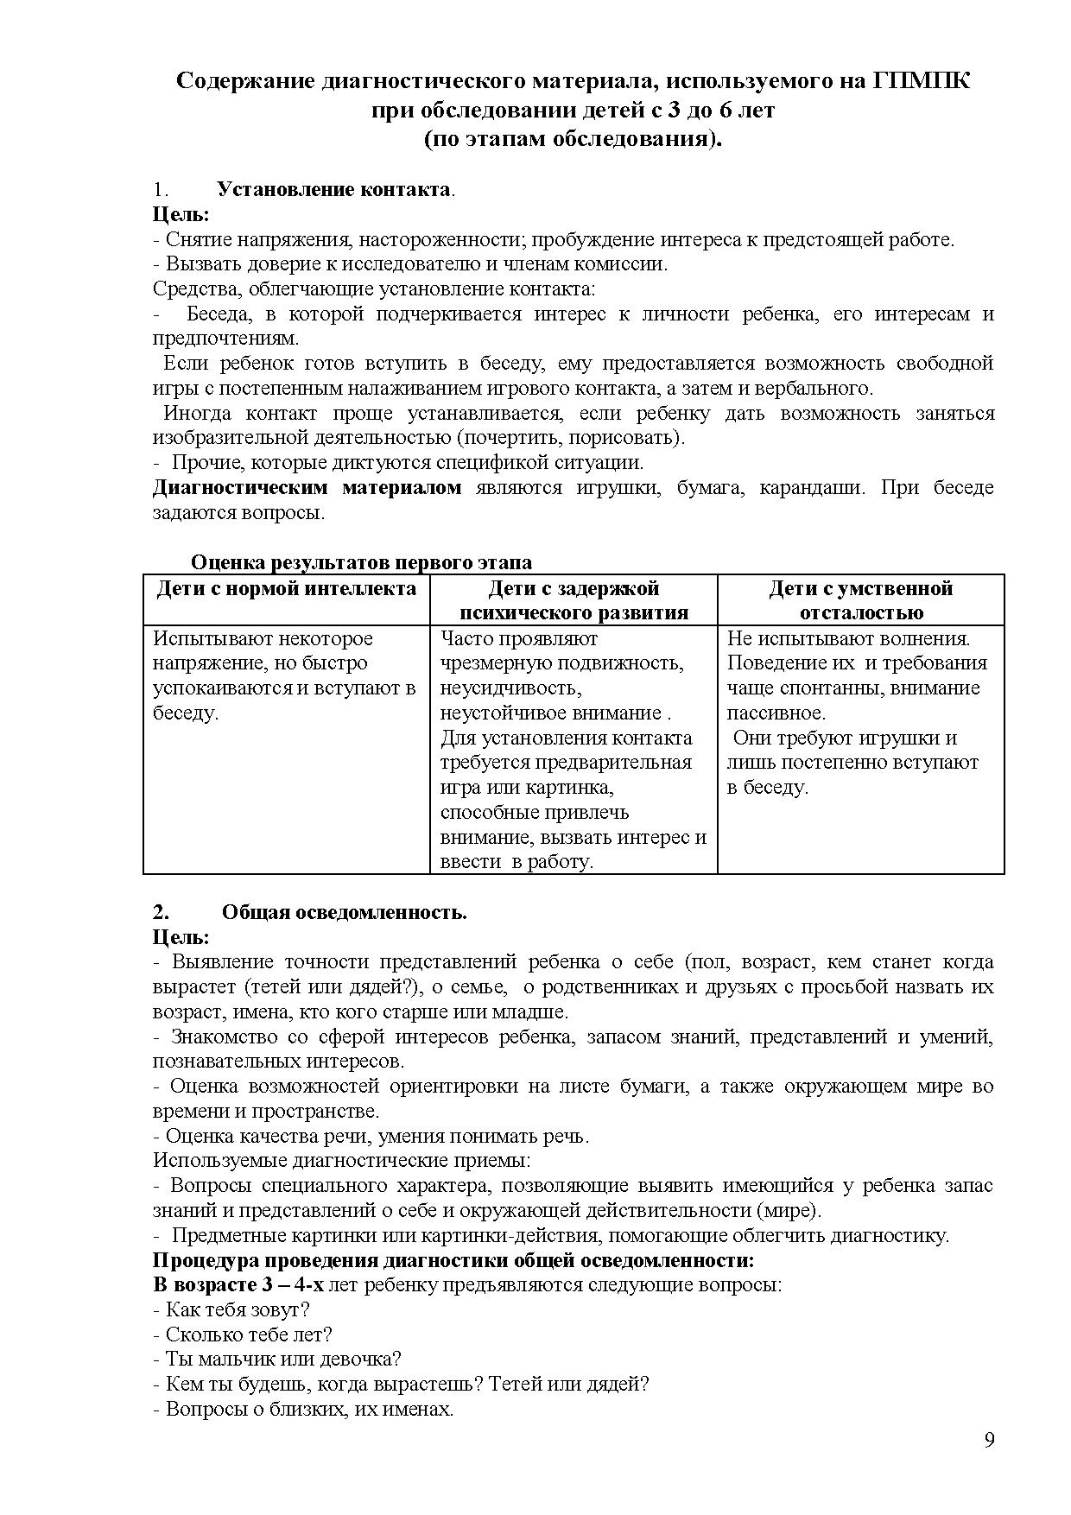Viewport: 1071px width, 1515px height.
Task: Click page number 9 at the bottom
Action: pyautogui.click(x=989, y=1440)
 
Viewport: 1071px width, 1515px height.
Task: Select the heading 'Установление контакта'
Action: pyautogui.click(x=333, y=189)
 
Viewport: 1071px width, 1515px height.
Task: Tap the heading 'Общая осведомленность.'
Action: pyautogui.click(x=344, y=912)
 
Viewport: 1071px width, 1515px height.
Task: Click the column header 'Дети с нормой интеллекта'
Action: pyautogui.click(x=286, y=589)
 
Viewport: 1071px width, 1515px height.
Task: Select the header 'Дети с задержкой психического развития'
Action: pyautogui.click(x=574, y=600)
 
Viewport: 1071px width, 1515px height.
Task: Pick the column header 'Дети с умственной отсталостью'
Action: pyautogui.click(x=860, y=600)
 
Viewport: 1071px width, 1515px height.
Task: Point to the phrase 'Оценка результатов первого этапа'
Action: pyautogui.click(x=361, y=562)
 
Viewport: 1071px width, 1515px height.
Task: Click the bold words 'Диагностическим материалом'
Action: pyautogui.click(x=307, y=487)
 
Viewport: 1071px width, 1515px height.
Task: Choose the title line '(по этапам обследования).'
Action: pyautogui.click(x=573, y=138)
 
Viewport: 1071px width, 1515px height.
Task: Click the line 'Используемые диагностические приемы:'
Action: pyautogui.click(x=341, y=1160)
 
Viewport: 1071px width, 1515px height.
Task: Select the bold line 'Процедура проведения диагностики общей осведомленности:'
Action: pyautogui.click(x=453, y=1258)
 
